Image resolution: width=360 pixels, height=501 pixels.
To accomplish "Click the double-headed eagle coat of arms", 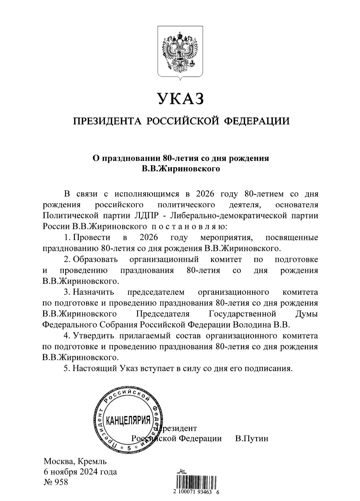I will pyautogui.click(x=180, y=53).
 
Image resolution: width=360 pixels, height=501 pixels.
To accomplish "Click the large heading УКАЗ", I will pyautogui.click(x=180, y=99).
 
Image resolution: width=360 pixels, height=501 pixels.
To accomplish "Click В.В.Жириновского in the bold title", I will pyautogui.click(x=180, y=169).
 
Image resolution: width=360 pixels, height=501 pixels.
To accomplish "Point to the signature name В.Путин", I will pyautogui.click(x=252, y=438).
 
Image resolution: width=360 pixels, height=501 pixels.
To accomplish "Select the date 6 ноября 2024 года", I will pyautogui.click(x=80, y=472).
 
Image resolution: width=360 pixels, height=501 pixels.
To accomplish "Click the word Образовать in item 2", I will pyautogui.click(x=95, y=259).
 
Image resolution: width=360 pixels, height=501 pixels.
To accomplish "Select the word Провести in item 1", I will pyautogui.click(x=91, y=237).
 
